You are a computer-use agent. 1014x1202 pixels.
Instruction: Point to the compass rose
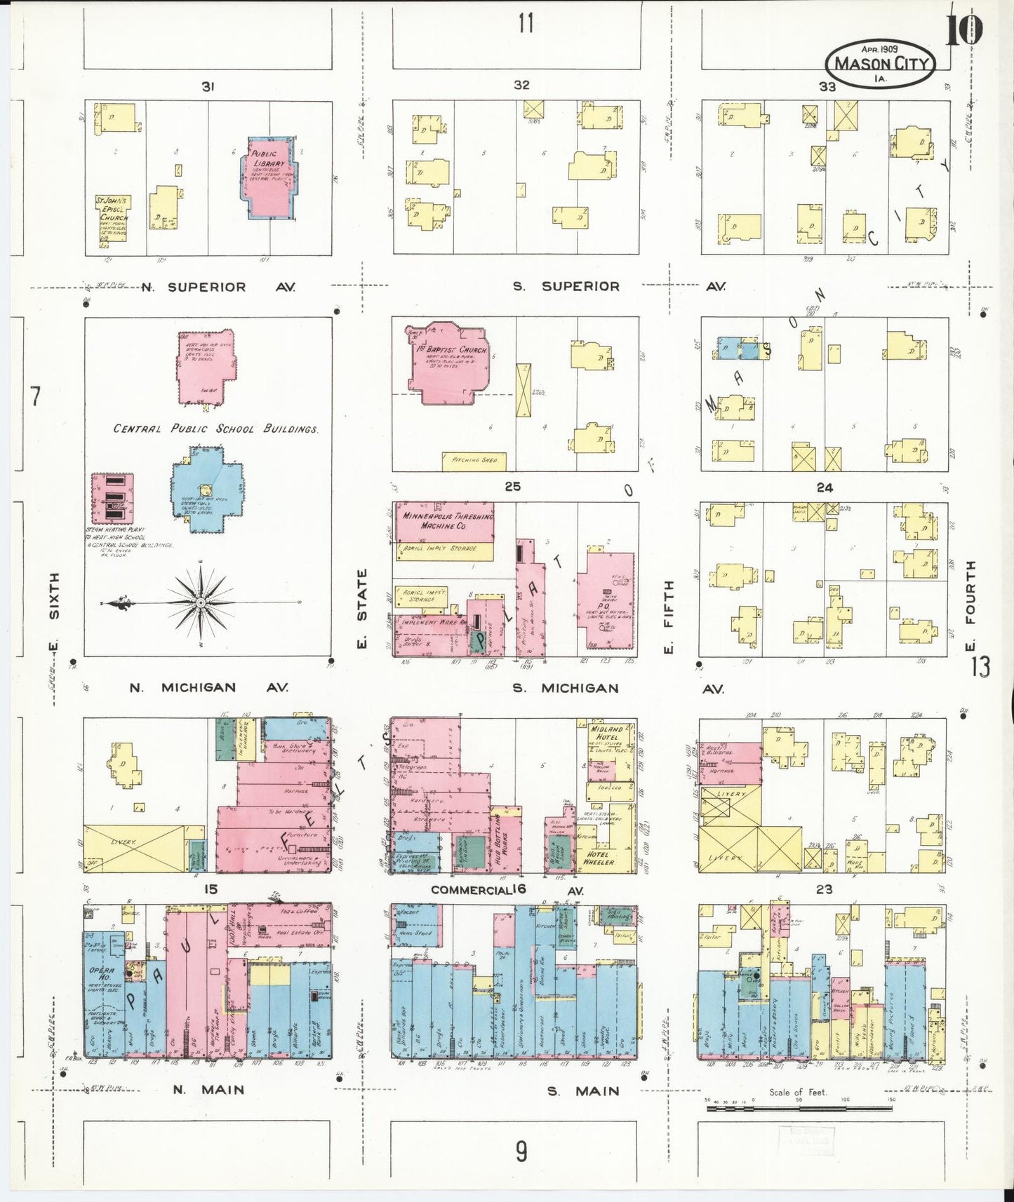pyautogui.click(x=201, y=602)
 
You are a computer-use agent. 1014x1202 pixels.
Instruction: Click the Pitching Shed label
pyautogui.click(x=474, y=460)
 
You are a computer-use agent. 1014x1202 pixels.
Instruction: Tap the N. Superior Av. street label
pyautogui.click(x=219, y=287)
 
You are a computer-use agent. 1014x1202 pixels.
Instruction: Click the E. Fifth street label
pyautogui.click(x=667, y=616)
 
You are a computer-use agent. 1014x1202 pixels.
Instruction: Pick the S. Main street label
pyautogui.click(x=585, y=1090)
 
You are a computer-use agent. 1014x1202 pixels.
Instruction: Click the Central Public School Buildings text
pyautogui.click(x=216, y=428)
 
